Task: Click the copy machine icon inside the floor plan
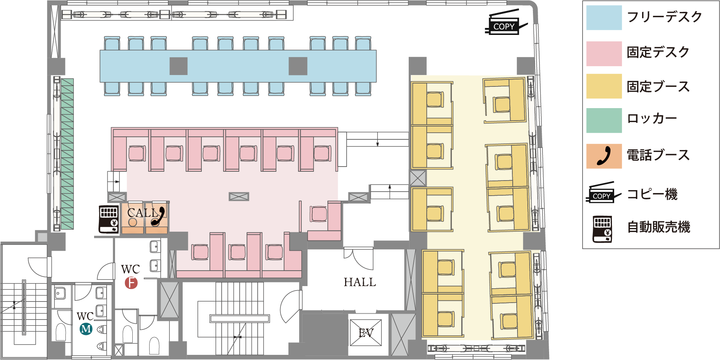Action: pyautogui.click(x=506, y=23)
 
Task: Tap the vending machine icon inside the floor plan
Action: pyautogui.click(x=109, y=219)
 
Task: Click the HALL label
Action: pyautogui.click(x=360, y=282)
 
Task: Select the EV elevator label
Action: pyautogui.click(x=366, y=333)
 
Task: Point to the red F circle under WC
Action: pyautogui.click(x=131, y=283)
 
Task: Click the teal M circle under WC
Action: pyautogui.click(x=86, y=328)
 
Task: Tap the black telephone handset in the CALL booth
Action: pyautogui.click(x=158, y=216)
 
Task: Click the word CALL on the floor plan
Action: pyautogui.click(x=143, y=213)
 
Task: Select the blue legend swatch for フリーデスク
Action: pyautogui.click(x=604, y=18)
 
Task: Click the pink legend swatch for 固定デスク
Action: pyautogui.click(x=604, y=54)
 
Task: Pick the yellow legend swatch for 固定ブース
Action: pyautogui.click(x=604, y=86)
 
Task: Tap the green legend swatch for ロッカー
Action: pyautogui.click(x=604, y=120)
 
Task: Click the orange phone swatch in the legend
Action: pyautogui.click(x=604, y=156)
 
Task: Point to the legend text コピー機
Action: pyautogui.click(x=652, y=194)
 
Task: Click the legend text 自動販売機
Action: pyautogui.click(x=659, y=227)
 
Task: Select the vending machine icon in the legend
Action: pyautogui.click(x=602, y=229)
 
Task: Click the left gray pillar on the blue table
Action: pyautogui.click(x=179, y=66)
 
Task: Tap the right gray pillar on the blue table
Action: pyautogui.click(x=298, y=66)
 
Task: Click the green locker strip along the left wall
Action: pyautogui.click(x=67, y=154)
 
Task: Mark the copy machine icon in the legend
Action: pyautogui.click(x=603, y=192)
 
